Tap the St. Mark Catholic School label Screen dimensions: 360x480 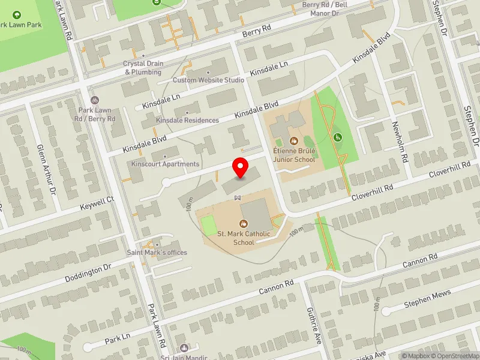coord(244,238)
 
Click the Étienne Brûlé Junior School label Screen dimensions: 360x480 coord(294,155)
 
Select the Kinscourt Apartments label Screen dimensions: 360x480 coord(165,164)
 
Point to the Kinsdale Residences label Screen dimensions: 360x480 coord(187,120)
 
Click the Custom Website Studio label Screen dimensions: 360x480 coord(208,80)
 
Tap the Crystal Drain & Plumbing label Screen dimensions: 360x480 coord(143,68)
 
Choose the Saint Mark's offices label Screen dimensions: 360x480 coord(157,252)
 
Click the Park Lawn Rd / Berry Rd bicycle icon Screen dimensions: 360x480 coord(94,100)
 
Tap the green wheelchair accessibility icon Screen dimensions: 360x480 coord(337,137)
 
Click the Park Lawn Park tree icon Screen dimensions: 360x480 coord(16,14)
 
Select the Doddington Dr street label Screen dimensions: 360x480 coord(88,269)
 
